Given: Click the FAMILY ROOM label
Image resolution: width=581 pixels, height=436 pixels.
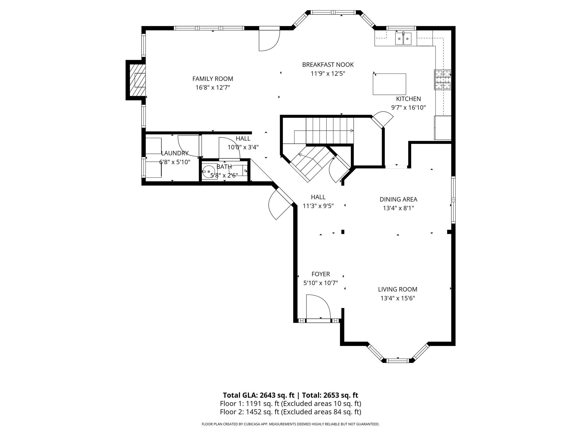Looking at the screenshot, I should tap(212, 79).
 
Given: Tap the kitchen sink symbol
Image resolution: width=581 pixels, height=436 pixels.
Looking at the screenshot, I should tap(403, 39).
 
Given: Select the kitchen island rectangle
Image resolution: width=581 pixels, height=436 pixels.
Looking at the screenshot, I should tap(389, 84).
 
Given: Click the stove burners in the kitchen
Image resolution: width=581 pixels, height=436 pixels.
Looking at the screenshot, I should tap(443, 79).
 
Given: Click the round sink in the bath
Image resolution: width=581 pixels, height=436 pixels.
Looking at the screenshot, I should tap(209, 171).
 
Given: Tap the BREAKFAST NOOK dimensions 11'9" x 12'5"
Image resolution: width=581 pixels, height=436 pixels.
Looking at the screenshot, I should tap(328, 74).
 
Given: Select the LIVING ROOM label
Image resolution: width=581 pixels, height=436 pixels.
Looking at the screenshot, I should tap(397, 289).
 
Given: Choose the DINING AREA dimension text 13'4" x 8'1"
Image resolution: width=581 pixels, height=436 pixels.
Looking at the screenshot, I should tap(398, 208).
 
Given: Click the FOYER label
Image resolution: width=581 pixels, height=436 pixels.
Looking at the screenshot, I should tap(321, 274).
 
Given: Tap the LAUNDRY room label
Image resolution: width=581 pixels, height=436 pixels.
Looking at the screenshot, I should tap(175, 153).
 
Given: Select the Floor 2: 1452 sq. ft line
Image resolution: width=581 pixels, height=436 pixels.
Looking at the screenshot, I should tap(290, 412).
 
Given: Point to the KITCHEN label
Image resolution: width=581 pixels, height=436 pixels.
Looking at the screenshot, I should tap(408, 99).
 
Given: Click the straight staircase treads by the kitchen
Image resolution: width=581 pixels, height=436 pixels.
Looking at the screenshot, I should tap(330, 131).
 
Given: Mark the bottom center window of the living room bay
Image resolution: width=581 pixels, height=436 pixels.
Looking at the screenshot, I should tap(398, 361).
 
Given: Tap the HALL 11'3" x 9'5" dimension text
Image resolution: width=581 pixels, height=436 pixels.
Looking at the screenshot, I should tap(318, 206).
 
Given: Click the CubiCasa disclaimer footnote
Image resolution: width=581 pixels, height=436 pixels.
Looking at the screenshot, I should tap(290, 424).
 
